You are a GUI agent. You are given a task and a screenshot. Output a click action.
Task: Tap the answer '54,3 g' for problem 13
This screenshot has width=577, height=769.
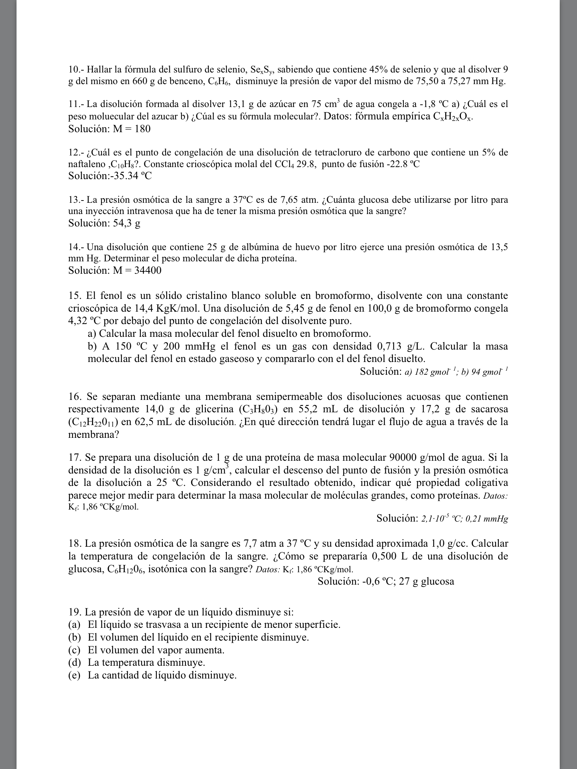tap(127, 223)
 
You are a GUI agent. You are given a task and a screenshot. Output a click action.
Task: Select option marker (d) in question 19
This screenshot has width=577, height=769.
tap(74, 662)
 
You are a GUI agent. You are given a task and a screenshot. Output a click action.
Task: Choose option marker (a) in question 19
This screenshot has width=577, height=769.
tap(74, 625)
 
